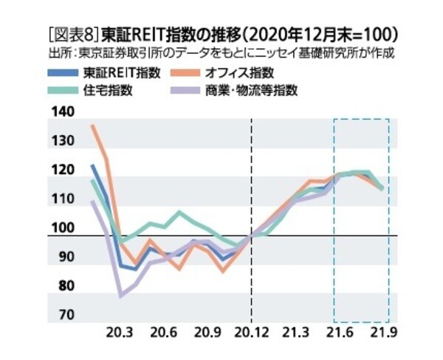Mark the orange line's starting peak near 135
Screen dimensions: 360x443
[x=92, y=126]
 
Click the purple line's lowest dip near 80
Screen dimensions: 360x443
[x=121, y=297]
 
